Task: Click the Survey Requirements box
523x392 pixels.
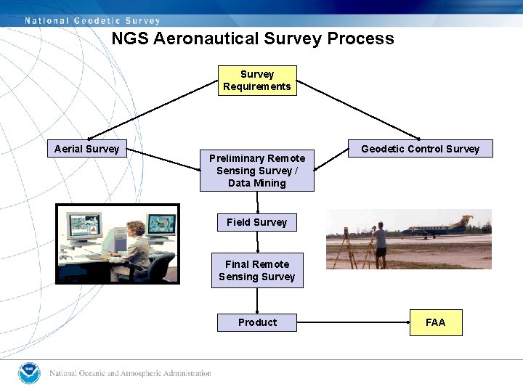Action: coord(257,81)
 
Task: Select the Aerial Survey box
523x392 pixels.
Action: coord(86,149)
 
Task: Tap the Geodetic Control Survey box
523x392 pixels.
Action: coord(420,149)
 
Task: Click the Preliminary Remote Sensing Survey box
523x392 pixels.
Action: coord(257,171)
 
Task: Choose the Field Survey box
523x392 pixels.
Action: coord(256,222)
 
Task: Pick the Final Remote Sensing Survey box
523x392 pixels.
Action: coord(256,270)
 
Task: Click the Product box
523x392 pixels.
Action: coord(257,322)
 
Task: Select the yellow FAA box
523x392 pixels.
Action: coord(435,322)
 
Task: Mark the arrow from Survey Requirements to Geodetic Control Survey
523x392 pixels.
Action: coord(359,110)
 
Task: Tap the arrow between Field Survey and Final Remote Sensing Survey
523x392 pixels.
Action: coord(257,242)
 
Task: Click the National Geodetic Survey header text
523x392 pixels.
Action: coord(92,20)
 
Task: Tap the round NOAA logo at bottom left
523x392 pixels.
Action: coord(29,373)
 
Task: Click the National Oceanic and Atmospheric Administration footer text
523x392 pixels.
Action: coord(131,374)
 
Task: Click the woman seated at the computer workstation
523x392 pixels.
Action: coord(137,247)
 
